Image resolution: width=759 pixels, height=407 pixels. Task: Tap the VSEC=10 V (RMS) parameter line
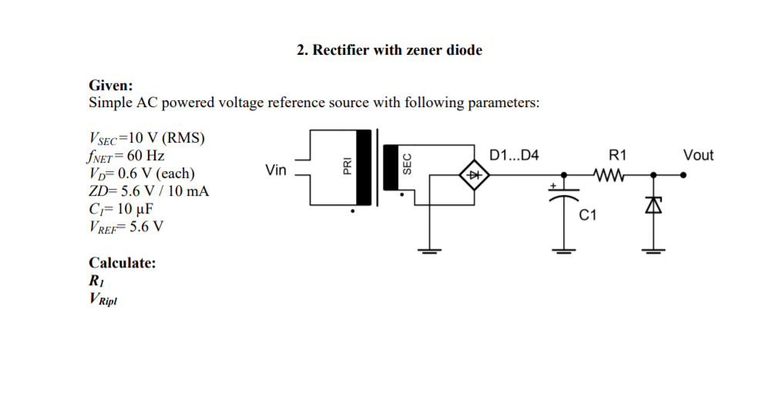click(x=147, y=138)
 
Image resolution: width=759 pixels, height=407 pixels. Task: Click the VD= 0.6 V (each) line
click(x=141, y=173)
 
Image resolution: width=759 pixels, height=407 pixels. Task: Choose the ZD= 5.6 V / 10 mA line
click(x=149, y=191)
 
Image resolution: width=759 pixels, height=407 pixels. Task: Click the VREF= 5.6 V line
click(x=126, y=226)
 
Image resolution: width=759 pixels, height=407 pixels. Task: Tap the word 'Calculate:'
click(x=123, y=263)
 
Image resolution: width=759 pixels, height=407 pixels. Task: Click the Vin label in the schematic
click(x=275, y=170)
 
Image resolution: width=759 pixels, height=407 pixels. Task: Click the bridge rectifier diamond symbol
click(x=475, y=175)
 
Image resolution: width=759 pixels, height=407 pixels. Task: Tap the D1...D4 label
click(x=514, y=156)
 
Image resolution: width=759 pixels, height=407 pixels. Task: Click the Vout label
click(x=698, y=156)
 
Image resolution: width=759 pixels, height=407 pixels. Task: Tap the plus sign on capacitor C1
click(x=552, y=186)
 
